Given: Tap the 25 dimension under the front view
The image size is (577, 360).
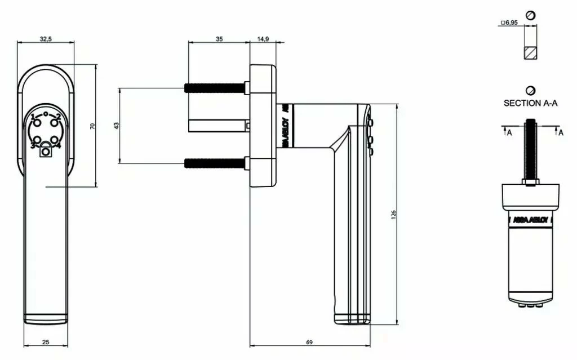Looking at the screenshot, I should pyautogui.click(x=46, y=341).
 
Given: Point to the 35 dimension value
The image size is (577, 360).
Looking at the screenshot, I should pyautogui.click(x=219, y=39).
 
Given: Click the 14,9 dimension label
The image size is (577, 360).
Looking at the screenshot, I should pyautogui.click(x=263, y=39).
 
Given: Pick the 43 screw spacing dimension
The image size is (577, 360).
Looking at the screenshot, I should pyautogui.click(x=116, y=126).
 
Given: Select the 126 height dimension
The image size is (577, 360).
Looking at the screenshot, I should pyautogui.click(x=394, y=214).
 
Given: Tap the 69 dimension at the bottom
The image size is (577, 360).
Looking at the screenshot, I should pyautogui.click(x=309, y=341).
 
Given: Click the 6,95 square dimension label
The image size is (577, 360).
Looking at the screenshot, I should pyautogui.click(x=510, y=24).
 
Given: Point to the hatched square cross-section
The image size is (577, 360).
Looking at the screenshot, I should pyautogui.click(x=530, y=54).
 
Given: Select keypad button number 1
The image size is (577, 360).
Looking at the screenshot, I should pyautogui.click(x=35, y=118).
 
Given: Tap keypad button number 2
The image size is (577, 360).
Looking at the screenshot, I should pyautogui.click(x=56, y=118).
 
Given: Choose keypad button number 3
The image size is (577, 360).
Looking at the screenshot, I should pyautogui.click(x=35, y=141).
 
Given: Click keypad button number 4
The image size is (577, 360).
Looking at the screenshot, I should pyautogui.click(x=55, y=141).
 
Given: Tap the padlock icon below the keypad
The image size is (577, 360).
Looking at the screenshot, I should pyautogui.click(x=46, y=150).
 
